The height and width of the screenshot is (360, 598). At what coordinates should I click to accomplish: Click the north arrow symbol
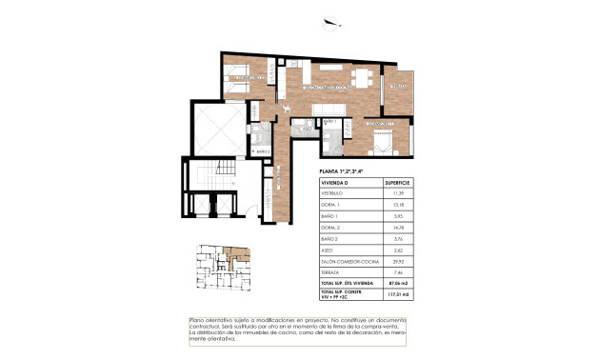[330, 24]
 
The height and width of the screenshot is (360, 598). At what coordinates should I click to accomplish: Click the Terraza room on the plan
[398, 89]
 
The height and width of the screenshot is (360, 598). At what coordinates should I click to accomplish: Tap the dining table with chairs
[363, 77]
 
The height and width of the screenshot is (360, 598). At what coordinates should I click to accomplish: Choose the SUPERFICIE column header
[396, 182]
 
